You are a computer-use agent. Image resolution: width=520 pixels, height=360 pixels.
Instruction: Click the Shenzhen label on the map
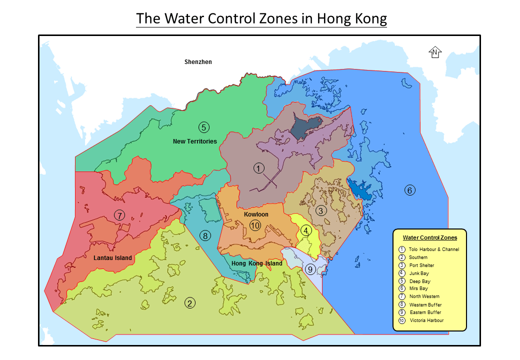(198, 62)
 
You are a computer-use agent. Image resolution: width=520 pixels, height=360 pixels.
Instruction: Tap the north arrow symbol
(435, 52)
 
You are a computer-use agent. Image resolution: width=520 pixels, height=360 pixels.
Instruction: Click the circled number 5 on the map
(203, 127)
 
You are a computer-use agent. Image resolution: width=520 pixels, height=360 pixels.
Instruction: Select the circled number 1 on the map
(258, 168)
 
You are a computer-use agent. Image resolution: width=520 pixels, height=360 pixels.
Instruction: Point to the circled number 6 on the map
(409, 190)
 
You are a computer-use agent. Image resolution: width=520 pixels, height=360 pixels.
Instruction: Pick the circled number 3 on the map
(321, 210)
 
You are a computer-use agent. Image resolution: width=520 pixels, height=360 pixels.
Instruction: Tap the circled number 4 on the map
(306, 230)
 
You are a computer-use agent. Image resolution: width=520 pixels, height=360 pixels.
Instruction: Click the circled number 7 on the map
(119, 215)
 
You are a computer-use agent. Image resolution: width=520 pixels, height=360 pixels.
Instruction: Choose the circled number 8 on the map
(204, 235)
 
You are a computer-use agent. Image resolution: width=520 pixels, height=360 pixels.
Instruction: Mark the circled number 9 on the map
(310, 269)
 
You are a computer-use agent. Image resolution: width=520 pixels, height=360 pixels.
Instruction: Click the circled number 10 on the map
(255, 225)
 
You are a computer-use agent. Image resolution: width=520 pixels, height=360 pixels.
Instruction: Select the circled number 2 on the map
(189, 302)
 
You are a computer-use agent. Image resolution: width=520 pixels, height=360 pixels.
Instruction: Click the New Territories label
(195, 141)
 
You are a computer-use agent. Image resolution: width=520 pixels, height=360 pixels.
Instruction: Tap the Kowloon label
(256, 214)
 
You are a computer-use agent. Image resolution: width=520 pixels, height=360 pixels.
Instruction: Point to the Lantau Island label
(113, 258)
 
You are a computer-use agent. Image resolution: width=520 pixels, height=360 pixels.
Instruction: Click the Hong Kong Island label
(257, 263)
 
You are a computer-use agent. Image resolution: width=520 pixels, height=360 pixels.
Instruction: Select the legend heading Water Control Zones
(429, 238)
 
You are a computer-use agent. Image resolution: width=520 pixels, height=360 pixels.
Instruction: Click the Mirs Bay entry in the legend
(418, 288)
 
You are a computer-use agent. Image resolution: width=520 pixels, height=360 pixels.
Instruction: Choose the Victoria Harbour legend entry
(426, 320)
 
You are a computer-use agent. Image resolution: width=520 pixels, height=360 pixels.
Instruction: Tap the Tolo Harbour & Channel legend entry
(433, 249)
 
